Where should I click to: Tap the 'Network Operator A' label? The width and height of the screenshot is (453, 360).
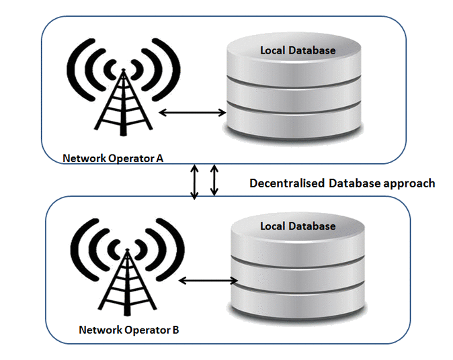[x=114, y=159]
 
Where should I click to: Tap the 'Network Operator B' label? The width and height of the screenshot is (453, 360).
[x=128, y=330]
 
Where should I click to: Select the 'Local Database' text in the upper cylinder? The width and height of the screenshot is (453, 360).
[x=298, y=50]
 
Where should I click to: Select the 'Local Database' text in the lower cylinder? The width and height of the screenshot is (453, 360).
[x=298, y=226]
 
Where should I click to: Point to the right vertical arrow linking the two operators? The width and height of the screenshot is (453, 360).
[x=214, y=180]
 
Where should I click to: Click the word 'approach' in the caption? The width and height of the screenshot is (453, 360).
[x=410, y=183]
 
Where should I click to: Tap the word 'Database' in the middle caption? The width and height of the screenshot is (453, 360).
[x=354, y=183]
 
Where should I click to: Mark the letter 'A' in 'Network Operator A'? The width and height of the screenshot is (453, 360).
[x=161, y=159]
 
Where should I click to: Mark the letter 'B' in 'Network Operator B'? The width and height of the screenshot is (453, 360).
[x=175, y=330]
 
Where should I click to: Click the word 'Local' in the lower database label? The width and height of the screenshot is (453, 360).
[x=274, y=226]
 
